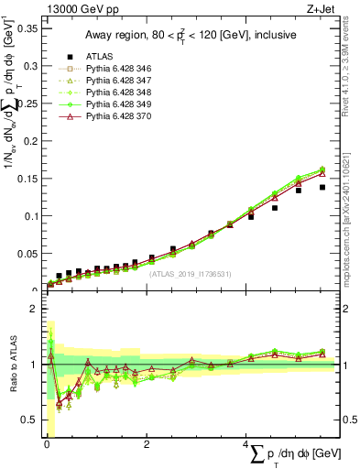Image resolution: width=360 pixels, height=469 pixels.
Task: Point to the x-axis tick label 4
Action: pos(246,444)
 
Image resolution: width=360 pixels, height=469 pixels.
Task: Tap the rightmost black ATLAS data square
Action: pos(322,187)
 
